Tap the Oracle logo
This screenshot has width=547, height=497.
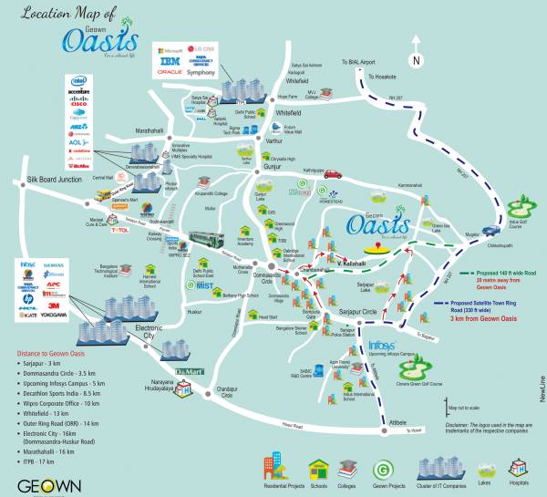pyautogui.click(x=170, y=71)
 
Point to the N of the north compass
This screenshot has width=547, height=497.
pyautogui.click(x=417, y=60)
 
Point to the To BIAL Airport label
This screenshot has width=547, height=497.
pyautogui.click(x=358, y=61)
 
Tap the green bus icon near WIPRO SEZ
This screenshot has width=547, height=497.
pyautogui.click(x=206, y=239)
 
